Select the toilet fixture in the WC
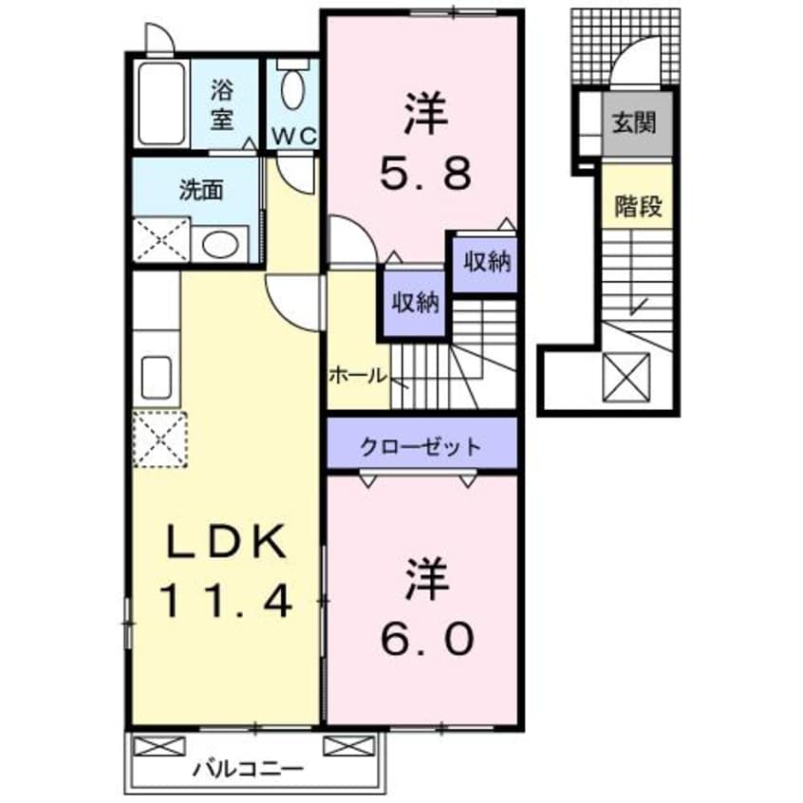292,91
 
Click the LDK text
226,544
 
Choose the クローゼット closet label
421,446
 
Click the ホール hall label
358,375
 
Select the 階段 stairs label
638,206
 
